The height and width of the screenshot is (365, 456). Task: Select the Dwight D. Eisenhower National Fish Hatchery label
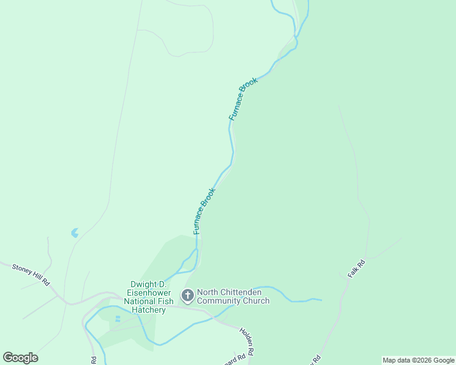(x=149, y=297)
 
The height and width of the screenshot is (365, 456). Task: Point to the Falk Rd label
(x=356, y=269)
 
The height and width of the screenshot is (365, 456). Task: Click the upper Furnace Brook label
(x=243, y=98)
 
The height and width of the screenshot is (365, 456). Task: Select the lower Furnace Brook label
(x=204, y=211)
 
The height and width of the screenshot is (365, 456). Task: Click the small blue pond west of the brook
(x=75, y=232)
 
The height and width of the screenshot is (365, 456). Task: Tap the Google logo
(x=20, y=358)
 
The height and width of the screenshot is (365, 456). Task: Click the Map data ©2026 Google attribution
(x=419, y=360)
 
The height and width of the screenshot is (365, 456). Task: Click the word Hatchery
(x=149, y=310)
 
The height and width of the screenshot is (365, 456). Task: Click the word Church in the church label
(x=255, y=301)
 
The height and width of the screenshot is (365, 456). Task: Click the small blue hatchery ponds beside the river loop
(x=118, y=318)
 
